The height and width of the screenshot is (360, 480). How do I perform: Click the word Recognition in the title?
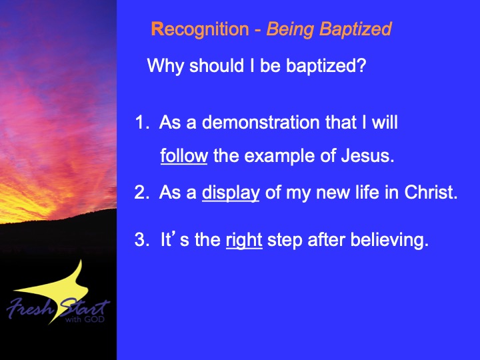[x=200, y=30]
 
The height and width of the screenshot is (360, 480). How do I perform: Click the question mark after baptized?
[x=361, y=65]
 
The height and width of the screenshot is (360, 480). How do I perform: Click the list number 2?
[x=142, y=192]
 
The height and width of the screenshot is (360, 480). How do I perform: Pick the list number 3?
[x=142, y=239]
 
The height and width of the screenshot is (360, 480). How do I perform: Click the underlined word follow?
[x=184, y=156]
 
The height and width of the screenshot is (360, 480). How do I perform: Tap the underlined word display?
[x=231, y=193]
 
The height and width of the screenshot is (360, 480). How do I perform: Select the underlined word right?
[x=244, y=241]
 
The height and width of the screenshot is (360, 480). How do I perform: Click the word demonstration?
[x=261, y=122]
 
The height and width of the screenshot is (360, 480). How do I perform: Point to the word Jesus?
[x=367, y=155]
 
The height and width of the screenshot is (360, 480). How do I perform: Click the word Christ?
[x=431, y=192]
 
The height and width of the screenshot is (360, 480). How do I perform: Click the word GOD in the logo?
[x=94, y=319]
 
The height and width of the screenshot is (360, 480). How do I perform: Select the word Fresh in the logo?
[x=30, y=307]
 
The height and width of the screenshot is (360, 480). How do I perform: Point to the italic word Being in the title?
[x=290, y=30]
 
